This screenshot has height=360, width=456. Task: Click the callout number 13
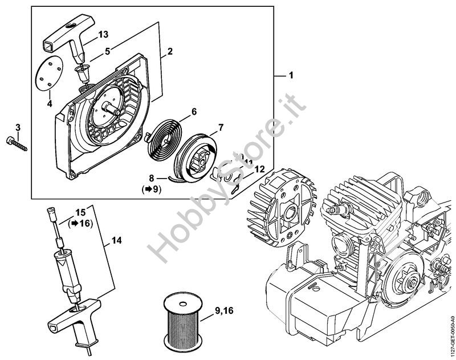(103, 34)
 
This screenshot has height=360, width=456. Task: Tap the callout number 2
(170, 51)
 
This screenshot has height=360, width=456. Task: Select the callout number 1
(291, 76)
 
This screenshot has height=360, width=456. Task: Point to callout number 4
(50, 103)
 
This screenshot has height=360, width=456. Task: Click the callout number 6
(194, 112)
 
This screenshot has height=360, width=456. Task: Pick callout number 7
(221, 127)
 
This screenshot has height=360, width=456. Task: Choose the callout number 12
(260, 169)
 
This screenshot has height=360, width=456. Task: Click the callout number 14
(116, 241)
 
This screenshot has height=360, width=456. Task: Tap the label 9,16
(224, 311)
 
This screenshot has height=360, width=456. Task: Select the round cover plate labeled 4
(49, 74)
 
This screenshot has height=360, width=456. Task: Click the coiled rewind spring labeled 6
(164, 140)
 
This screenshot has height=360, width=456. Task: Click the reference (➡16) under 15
(80, 224)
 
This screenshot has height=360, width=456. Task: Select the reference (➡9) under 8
(151, 190)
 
